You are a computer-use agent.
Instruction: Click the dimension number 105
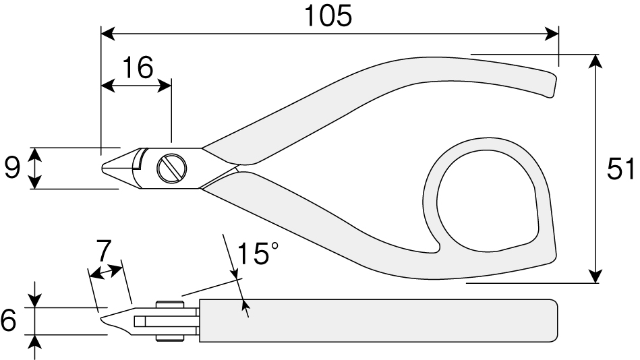pyautogui.click(x=328, y=16)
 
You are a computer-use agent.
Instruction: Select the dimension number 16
pyautogui.click(x=138, y=67)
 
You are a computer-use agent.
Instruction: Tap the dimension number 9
pyautogui.click(x=12, y=168)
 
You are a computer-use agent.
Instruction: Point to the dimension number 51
pyautogui.click(x=620, y=169)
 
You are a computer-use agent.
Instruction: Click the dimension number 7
pyautogui.click(x=104, y=251)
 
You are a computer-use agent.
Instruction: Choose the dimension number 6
pyautogui.click(x=9, y=320)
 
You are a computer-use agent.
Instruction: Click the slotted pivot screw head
pyautogui.click(x=172, y=168)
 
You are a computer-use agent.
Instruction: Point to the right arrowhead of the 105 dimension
pyautogui.click(x=551, y=34)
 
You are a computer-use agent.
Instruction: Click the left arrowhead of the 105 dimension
pyautogui.click(x=108, y=34)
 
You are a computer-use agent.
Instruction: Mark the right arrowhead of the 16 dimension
pyautogui.click(x=165, y=86)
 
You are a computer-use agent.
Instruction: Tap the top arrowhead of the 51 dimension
pyautogui.click(x=596, y=61)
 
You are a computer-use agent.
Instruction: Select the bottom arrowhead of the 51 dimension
pyautogui.click(x=596, y=276)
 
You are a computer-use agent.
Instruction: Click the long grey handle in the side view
pyautogui.click(x=378, y=321)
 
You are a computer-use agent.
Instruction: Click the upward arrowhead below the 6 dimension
pyautogui.click(x=36, y=342)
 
